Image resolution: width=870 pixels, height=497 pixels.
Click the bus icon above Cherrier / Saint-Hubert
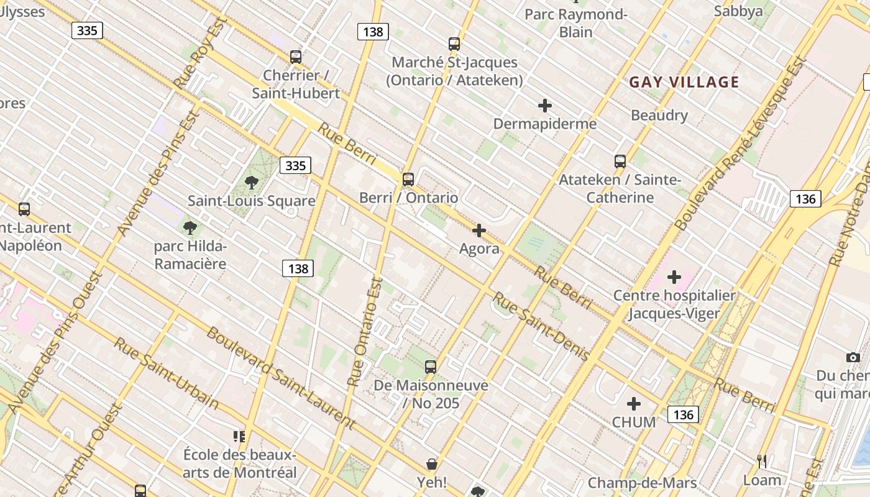296,57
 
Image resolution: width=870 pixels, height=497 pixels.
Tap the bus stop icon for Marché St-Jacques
454,44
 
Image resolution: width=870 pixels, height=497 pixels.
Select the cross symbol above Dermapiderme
545,106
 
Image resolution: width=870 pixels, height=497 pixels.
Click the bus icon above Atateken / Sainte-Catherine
620,162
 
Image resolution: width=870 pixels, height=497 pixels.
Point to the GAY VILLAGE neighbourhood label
684,82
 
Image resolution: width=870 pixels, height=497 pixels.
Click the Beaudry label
659,116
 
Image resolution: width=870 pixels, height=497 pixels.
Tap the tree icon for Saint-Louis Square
252,183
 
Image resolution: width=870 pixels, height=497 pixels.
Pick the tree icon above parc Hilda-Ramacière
190,227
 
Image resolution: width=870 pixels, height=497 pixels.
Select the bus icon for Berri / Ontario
408,180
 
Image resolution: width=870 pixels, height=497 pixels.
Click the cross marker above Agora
479,231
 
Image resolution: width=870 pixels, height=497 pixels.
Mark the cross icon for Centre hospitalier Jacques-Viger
674,277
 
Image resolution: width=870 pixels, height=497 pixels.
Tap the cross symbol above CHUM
634,404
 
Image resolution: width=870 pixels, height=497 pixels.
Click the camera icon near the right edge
853,357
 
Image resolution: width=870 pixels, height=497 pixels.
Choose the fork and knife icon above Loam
762,462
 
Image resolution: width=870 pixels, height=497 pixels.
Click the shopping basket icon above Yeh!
432,464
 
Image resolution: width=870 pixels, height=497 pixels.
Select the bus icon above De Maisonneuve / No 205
431,367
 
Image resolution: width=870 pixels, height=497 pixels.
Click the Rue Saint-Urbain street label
166,373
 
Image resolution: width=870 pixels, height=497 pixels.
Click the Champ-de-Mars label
642,483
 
